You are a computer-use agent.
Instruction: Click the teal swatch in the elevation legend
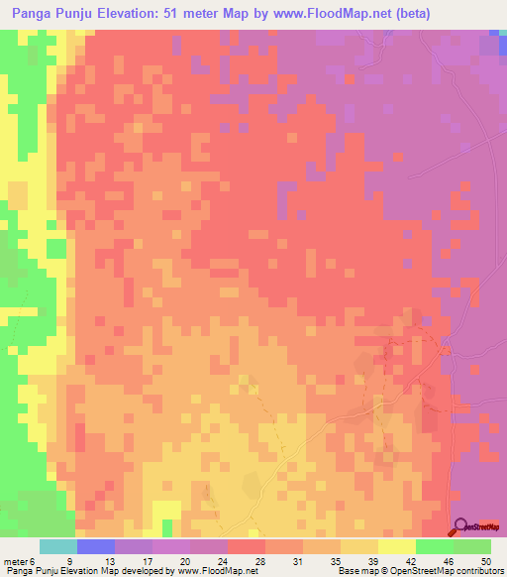click(58, 546)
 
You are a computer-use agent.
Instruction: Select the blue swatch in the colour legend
click(96, 546)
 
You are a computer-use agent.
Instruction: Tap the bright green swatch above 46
click(435, 546)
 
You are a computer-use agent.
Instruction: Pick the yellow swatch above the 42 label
click(397, 546)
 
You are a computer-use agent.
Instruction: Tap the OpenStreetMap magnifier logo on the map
click(461, 527)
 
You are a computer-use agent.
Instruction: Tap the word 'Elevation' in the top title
click(147, 13)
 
